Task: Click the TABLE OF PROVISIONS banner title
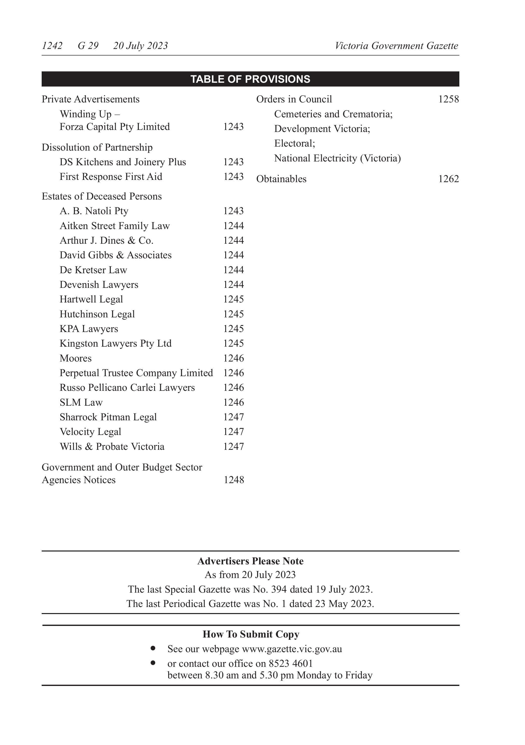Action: point(250,79)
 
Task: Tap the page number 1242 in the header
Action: point(52,46)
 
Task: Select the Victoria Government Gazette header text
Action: point(396,46)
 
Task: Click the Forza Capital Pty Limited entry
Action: point(115,127)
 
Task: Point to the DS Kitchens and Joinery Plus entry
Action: point(123,162)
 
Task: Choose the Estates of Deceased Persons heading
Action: point(102,196)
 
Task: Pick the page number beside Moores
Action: point(233,358)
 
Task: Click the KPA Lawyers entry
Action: point(89,329)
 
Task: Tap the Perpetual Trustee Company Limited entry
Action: point(136,373)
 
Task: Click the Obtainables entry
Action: point(281,179)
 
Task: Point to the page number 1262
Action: point(448,179)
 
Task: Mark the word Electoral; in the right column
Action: point(295,143)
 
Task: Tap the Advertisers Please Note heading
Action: point(250,561)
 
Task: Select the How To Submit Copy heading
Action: point(251,634)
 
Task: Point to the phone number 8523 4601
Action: point(290,664)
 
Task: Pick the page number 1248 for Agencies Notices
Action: point(234,480)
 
